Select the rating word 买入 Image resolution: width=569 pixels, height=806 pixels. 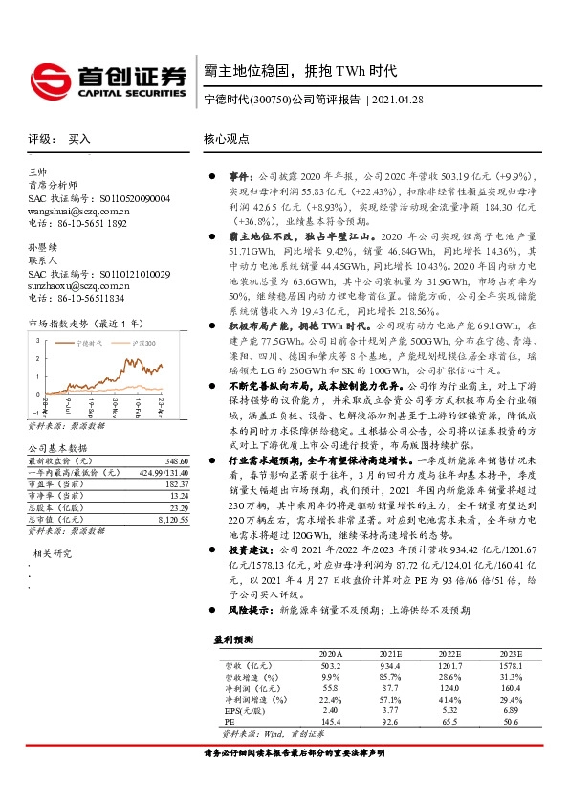(x=79, y=139)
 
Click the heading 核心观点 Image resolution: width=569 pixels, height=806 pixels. (x=226, y=139)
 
